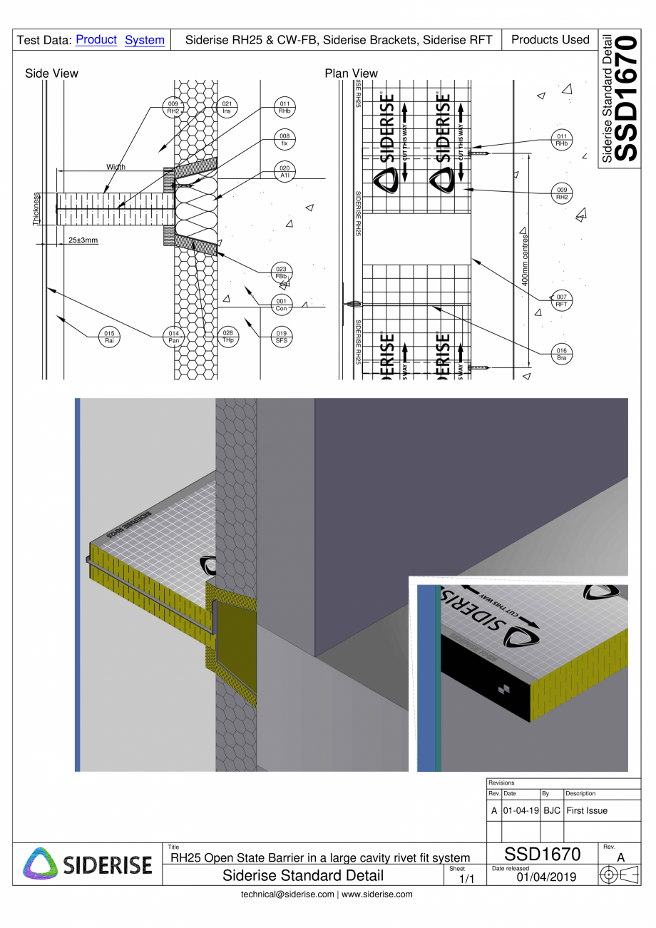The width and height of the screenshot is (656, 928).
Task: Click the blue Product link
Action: point(96,40)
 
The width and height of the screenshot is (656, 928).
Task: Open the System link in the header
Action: point(144,41)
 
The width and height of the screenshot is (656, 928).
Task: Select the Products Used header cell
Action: point(550,40)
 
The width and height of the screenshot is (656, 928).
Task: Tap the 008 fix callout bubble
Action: point(285,139)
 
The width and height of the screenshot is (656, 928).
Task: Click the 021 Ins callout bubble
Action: point(226,108)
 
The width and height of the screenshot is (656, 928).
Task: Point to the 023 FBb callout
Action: point(281,272)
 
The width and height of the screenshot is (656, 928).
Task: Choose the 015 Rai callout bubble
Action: point(108,337)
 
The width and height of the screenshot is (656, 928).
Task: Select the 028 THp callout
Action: point(227,337)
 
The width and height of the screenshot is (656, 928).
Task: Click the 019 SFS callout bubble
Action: point(281,337)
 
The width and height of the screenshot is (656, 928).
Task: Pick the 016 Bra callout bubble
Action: point(562,355)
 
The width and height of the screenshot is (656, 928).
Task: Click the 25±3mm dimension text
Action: point(83,240)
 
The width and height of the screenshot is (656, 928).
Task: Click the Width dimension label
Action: point(116,167)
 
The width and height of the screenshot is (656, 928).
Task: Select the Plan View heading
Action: point(351,73)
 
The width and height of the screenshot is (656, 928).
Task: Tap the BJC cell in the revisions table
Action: point(551,811)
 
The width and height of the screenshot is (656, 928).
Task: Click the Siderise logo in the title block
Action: point(88,863)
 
